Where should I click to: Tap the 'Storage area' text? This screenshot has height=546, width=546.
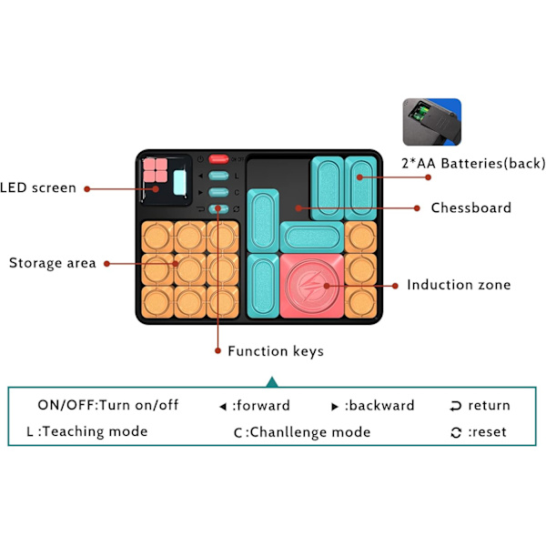[x=52, y=264]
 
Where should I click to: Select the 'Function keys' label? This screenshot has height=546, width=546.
[x=275, y=350]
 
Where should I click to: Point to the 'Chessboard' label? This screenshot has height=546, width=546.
[x=470, y=207]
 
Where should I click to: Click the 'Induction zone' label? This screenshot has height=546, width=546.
[x=459, y=285]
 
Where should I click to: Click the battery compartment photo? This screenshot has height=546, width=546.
[x=431, y=122]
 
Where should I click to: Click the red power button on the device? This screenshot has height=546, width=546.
[x=217, y=159]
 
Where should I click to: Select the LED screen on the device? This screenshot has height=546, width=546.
[x=166, y=177]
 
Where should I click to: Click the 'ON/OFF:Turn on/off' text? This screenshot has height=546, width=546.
[x=108, y=406]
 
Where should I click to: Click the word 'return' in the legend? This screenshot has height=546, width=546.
[x=489, y=406]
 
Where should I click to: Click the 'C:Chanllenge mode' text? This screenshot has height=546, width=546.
[x=302, y=432]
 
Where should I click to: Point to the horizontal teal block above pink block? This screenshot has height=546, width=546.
[x=311, y=238]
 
